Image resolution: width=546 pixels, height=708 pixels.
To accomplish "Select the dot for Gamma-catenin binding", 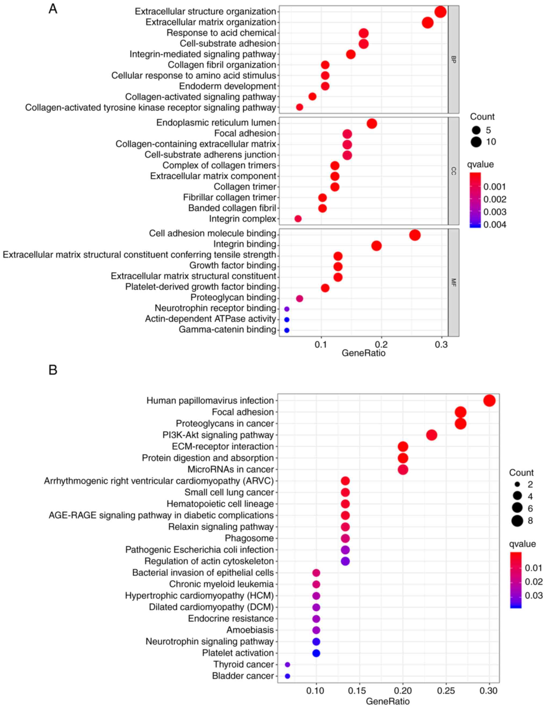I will point(286,330).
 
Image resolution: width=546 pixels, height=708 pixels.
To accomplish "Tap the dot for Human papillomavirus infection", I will point(489,401).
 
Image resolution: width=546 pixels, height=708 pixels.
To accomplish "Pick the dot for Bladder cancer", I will point(287,676).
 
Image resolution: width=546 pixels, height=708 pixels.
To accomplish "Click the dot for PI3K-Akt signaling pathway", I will point(431,435).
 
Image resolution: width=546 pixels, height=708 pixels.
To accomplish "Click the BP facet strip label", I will point(453,59).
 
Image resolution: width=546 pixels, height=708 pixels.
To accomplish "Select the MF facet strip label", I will point(453,282).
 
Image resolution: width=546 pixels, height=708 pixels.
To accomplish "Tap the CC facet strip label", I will point(453,171).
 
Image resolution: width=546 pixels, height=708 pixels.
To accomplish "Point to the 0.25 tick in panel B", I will point(446,691).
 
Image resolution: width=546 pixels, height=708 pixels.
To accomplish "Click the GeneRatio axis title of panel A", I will point(364,353).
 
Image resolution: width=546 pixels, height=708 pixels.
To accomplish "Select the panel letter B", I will point(53,370).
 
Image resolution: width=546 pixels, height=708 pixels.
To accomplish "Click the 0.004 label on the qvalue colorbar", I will point(494,225).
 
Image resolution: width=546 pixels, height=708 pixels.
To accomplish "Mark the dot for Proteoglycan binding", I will point(300,299).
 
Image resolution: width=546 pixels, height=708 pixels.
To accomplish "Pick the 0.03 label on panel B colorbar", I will point(533,595).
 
